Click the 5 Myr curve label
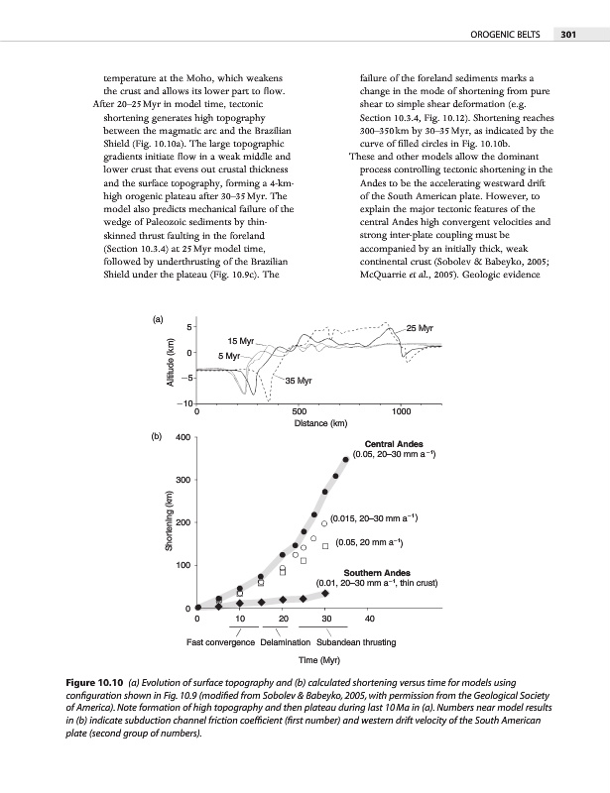click(x=230, y=355)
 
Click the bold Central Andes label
click(x=396, y=444)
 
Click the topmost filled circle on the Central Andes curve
click(x=346, y=458)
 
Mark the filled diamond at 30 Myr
click(x=325, y=593)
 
